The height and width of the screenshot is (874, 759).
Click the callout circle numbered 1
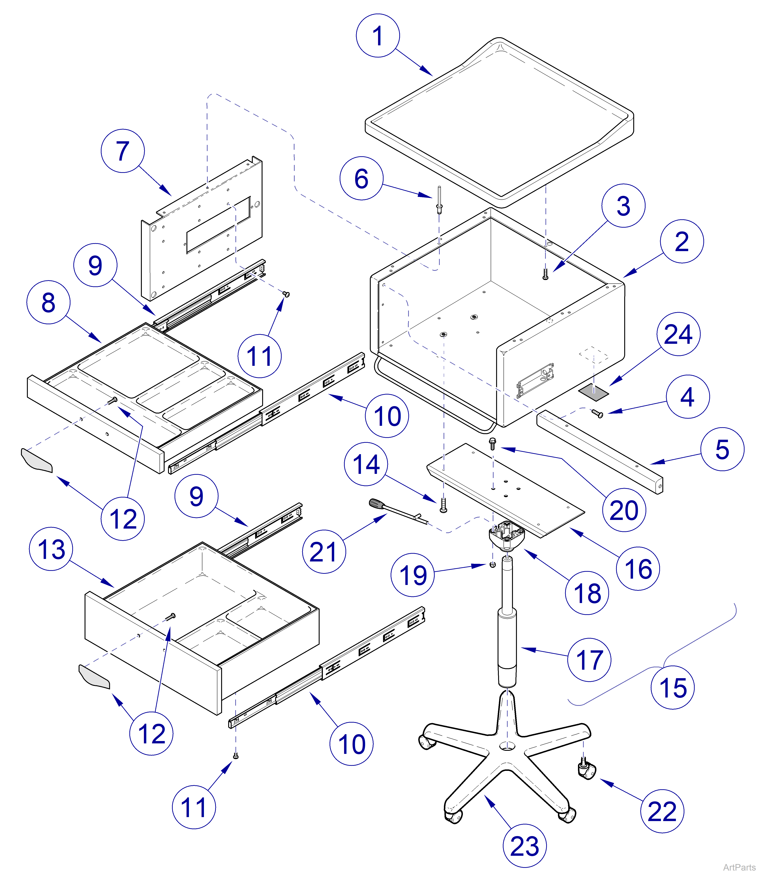tap(378, 36)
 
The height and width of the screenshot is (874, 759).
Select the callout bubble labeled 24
tap(678, 334)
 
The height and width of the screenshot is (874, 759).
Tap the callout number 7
tap(122, 151)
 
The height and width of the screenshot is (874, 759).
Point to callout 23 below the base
tap(524, 847)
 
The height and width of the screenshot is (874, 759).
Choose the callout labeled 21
tap(324, 552)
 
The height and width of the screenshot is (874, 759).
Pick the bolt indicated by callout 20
tap(493, 443)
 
